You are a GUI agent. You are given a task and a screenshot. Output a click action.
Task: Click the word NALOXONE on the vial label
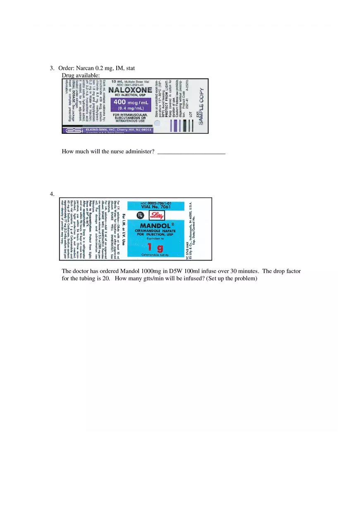tap(130, 90)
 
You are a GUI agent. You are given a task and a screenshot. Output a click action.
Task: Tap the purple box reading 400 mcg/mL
tap(130, 105)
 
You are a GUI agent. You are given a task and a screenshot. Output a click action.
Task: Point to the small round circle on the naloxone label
tap(157, 123)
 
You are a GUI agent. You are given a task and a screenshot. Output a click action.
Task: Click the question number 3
tap(52, 68)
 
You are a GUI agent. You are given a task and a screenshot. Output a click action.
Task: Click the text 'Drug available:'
tap(81, 75)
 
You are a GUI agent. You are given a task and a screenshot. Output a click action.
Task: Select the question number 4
tap(52, 194)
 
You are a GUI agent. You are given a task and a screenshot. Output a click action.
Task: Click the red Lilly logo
tap(157, 215)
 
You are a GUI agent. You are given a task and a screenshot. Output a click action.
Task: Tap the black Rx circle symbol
tap(141, 215)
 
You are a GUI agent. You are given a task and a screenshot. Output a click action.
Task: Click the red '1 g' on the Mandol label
tap(155, 247)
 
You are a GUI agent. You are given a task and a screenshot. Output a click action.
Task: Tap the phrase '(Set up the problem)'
tap(232, 278)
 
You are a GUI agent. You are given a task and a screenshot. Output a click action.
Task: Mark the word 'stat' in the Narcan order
tap(130, 68)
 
